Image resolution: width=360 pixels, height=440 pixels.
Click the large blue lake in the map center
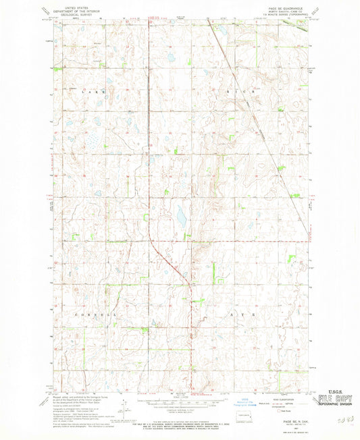point(181,217)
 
